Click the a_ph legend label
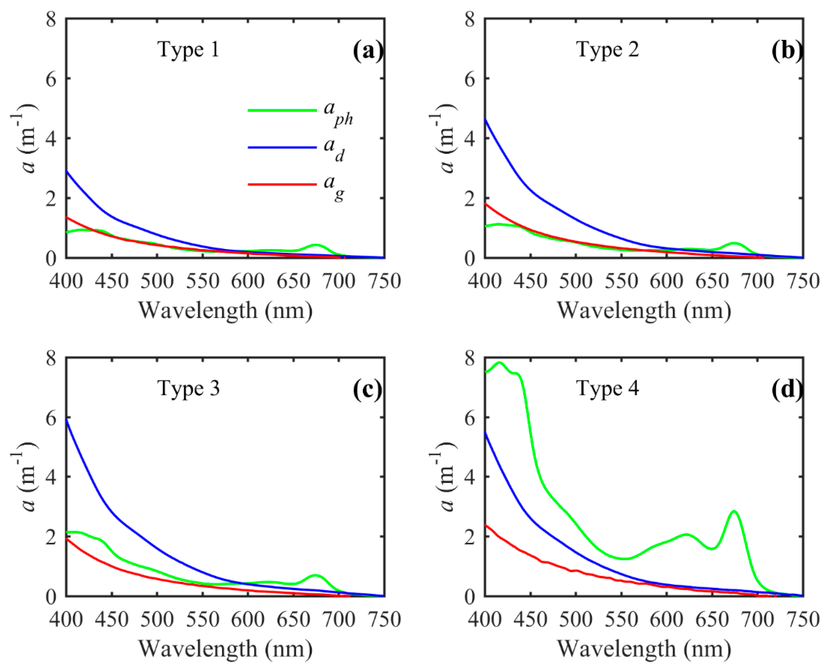point(338,113)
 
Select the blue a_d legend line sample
point(282,147)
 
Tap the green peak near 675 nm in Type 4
point(734,511)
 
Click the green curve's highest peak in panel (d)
point(499,362)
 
